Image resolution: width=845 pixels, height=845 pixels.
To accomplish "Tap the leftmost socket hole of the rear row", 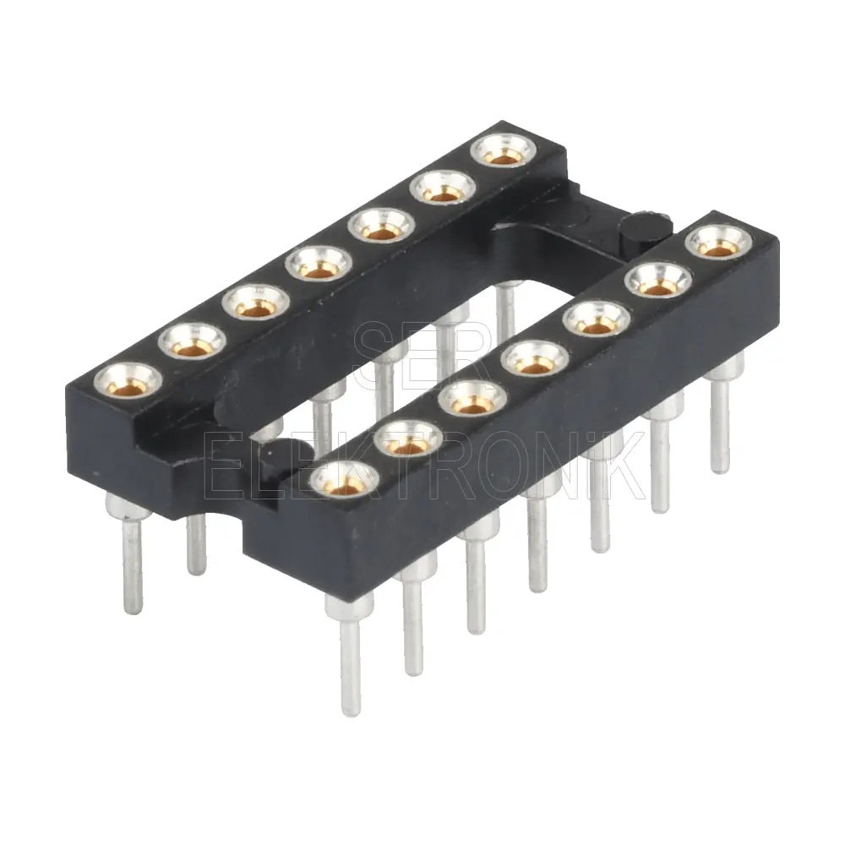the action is tap(128, 380).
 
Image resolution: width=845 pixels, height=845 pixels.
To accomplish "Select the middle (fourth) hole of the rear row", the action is tap(319, 263).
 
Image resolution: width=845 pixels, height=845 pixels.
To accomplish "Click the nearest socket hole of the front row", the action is tap(345, 479).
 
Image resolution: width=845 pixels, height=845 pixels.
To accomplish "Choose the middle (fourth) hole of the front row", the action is tap(535, 357).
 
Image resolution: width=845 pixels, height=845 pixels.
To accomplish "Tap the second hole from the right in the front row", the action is tap(658, 281).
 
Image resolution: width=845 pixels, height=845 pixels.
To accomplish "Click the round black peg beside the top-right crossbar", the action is tap(646, 230).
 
